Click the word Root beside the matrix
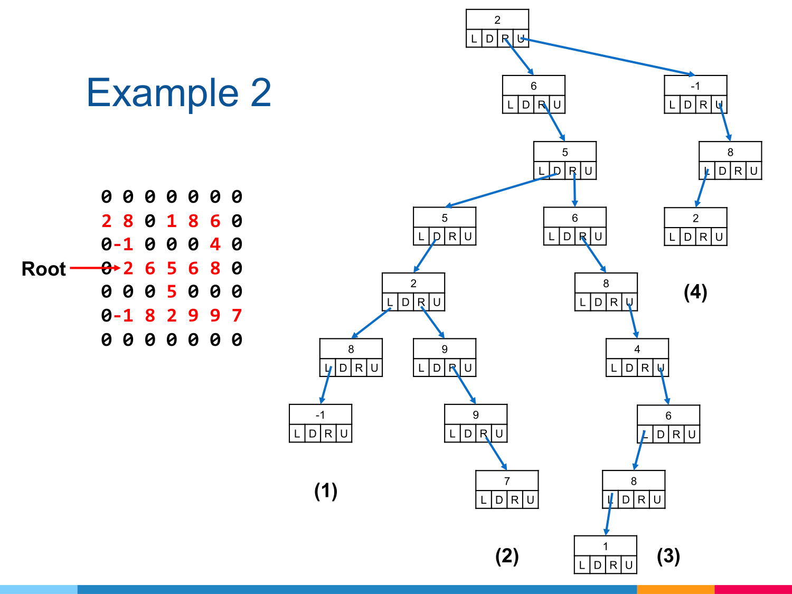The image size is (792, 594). [44, 269]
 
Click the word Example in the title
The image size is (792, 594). [162, 93]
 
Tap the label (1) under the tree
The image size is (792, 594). [326, 491]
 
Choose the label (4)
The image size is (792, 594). [695, 291]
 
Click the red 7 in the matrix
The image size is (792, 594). [237, 316]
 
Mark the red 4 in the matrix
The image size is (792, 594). [215, 244]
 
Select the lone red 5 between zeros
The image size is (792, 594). [172, 292]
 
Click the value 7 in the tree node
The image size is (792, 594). [507, 481]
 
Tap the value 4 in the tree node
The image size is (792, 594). [637, 349]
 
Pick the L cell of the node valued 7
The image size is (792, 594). [484, 500]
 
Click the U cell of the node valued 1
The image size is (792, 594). [629, 565]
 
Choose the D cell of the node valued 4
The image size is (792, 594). [629, 368]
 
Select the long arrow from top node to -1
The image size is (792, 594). [607, 56]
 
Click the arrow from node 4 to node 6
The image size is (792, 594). [664, 385]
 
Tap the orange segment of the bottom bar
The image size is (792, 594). [676, 589]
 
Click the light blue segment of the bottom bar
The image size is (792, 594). [39, 589]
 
